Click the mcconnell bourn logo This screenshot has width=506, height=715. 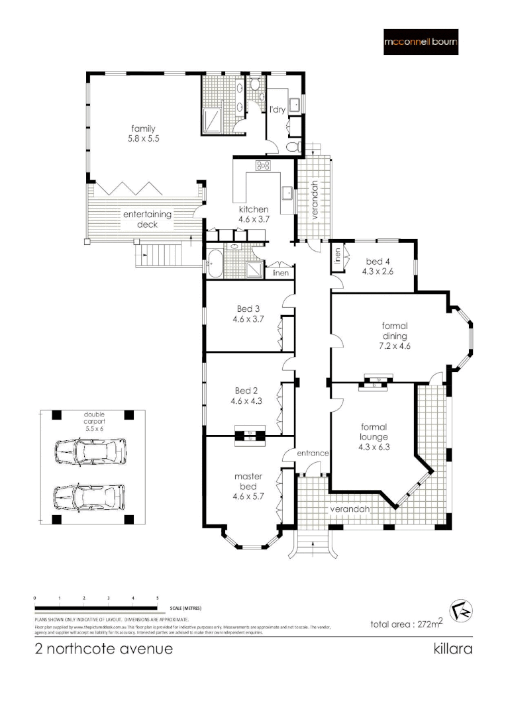(x=421, y=42)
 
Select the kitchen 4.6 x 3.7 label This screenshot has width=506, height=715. (x=254, y=215)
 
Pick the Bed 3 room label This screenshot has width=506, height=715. (x=248, y=313)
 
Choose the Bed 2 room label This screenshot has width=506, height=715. (x=248, y=395)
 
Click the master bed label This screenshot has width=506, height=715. (x=248, y=481)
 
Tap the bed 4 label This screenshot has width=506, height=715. (x=378, y=265)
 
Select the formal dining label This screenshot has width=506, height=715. (x=395, y=335)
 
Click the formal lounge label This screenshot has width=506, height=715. (x=374, y=437)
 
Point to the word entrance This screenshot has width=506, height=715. (x=313, y=453)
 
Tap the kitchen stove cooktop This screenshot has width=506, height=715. (x=263, y=166)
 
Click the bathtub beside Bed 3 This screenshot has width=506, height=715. (x=216, y=263)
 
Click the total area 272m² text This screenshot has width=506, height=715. (x=406, y=624)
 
